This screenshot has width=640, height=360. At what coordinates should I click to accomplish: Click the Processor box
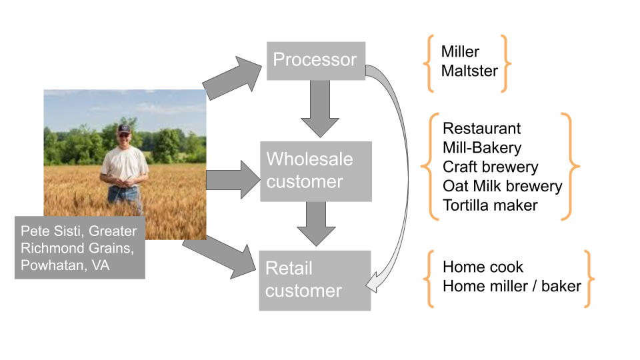pyautogui.click(x=315, y=60)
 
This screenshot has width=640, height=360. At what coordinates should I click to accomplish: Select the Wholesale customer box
pyautogui.click(x=315, y=171)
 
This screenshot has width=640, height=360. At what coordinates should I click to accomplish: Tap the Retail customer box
pyautogui.click(x=314, y=280)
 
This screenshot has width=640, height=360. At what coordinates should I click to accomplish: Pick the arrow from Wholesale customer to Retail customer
pyautogui.click(x=316, y=224)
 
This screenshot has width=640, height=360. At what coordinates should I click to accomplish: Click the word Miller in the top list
pyautogui.click(x=460, y=52)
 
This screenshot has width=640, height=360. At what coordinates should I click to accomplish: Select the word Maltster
pyautogui.click(x=469, y=70)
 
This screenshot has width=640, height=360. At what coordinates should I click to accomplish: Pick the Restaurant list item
pyautogui.click(x=481, y=128)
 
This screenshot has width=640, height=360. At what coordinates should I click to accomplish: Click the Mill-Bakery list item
pyautogui.click(x=482, y=147)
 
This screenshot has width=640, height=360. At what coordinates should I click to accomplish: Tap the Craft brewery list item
pyautogui.click(x=490, y=167)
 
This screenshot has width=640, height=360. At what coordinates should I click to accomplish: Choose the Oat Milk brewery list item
pyautogui.click(x=502, y=186)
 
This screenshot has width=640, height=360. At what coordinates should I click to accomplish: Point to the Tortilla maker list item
pyautogui.click(x=490, y=205)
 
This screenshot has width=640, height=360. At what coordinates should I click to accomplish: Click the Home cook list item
pyautogui.click(x=483, y=267)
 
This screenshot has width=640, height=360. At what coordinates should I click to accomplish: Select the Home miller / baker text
pyautogui.click(x=511, y=287)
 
